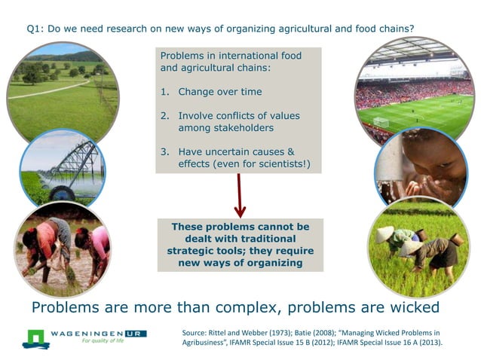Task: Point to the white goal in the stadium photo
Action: (x=381, y=121)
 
